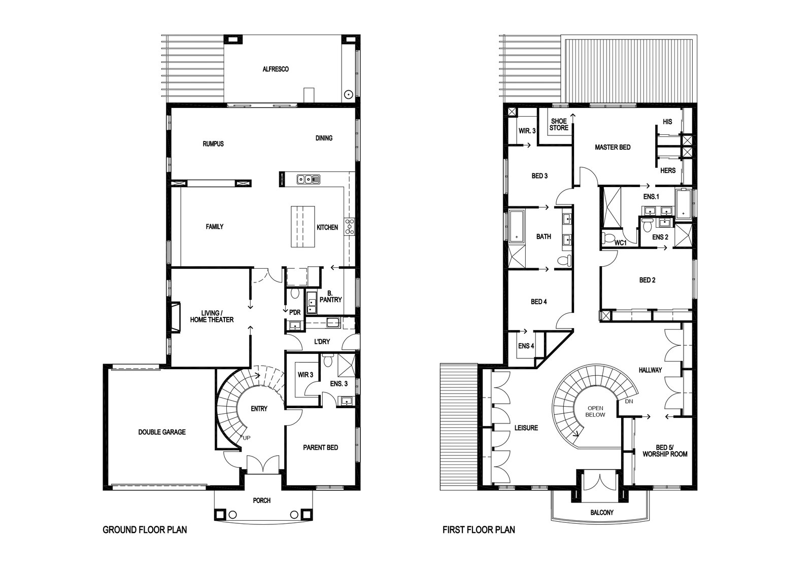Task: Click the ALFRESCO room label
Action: (x=276, y=69)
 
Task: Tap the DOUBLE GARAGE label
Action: (x=162, y=432)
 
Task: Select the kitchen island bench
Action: (x=302, y=227)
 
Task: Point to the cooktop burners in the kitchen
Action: (x=350, y=226)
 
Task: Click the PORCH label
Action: (x=262, y=500)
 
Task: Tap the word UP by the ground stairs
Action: (x=247, y=438)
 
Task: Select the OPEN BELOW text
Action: (x=595, y=411)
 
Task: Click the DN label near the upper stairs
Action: (x=629, y=401)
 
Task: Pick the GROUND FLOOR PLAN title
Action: (x=145, y=530)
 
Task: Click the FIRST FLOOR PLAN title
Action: (x=479, y=530)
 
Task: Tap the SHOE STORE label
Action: (x=559, y=125)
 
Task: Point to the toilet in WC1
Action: (x=608, y=238)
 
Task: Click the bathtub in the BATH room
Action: (x=517, y=227)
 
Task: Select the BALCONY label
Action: (x=602, y=513)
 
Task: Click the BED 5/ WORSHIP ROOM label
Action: (x=665, y=450)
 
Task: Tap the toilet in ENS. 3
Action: (x=328, y=360)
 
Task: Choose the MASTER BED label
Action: (x=613, y=147)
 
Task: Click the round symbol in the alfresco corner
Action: (x=348, y=94)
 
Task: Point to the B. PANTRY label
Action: (x=330, y=296)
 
